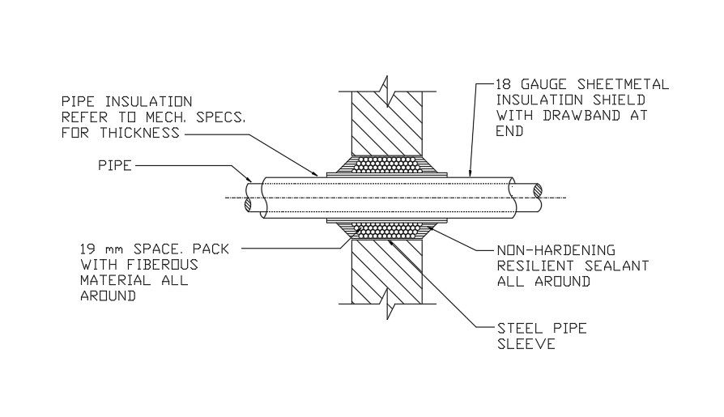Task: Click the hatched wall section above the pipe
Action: tap(385, 121)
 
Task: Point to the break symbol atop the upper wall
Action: tap(386, 83)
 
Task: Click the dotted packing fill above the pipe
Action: tap(386, 165)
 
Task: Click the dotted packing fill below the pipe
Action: tap(386, 230)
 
